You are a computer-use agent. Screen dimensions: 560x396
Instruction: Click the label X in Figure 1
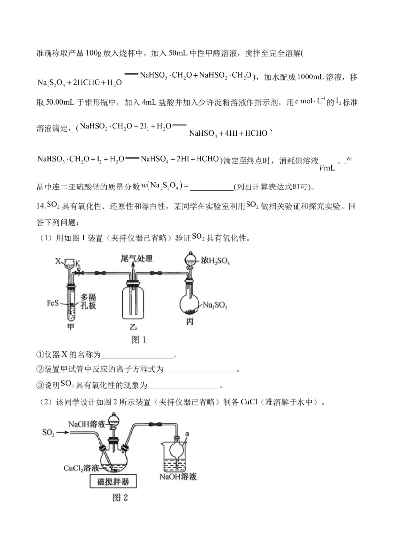(57, 260)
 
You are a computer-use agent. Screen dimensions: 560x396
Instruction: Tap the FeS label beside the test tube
(54, 301)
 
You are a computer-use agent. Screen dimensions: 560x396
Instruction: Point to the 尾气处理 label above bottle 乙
(137, 258)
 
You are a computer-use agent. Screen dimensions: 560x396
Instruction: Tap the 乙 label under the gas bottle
(133, 327)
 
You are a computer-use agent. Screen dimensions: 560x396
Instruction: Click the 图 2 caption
(121, 497)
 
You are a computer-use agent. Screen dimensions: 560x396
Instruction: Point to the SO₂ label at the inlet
(48, 433)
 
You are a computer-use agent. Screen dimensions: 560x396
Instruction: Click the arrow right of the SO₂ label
(64, 433)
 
